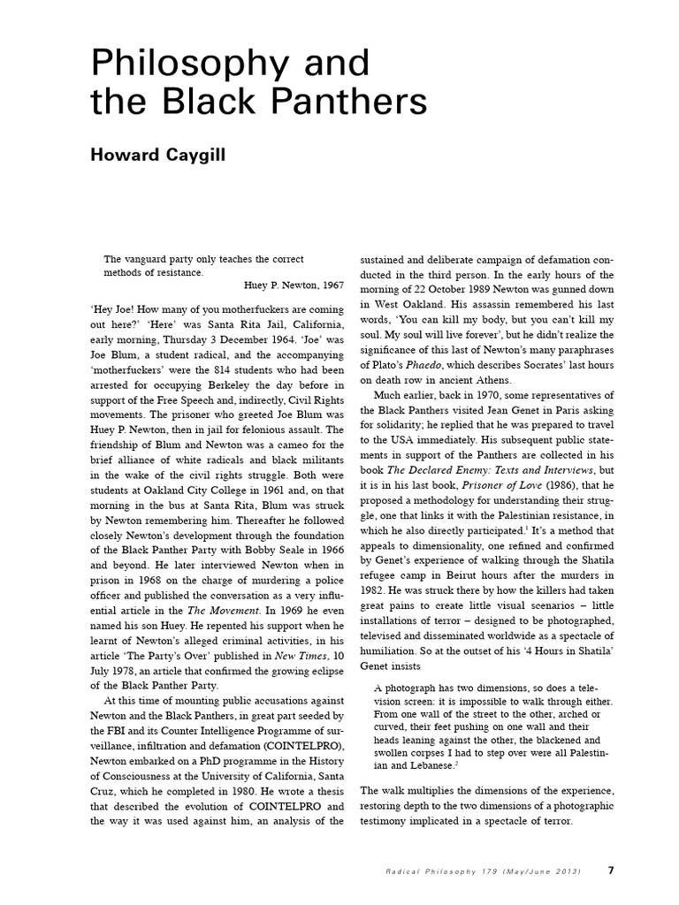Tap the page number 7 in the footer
(611, 871)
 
